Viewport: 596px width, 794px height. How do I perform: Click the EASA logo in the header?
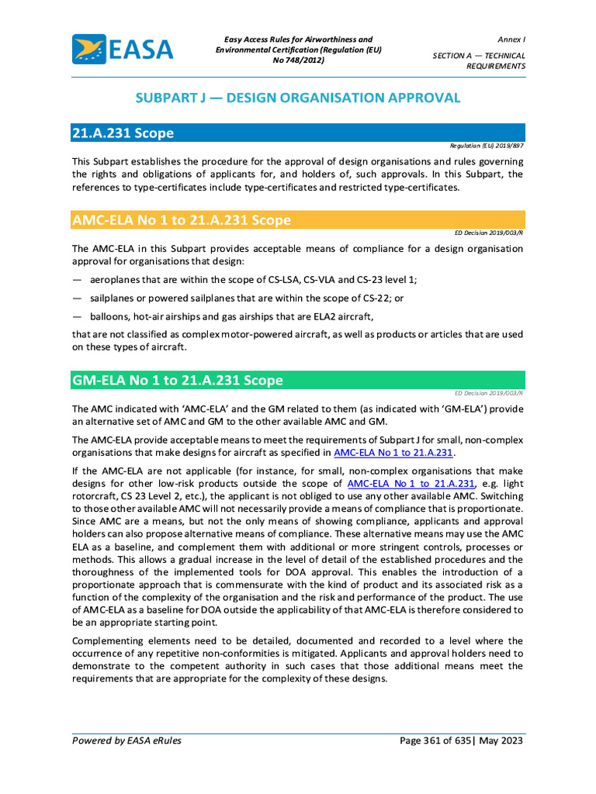click(x=123, y=49)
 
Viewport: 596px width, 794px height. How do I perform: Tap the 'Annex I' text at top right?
click(x=511, y=40)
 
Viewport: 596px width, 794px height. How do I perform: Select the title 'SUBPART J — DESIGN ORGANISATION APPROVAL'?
click(x=298, y=98)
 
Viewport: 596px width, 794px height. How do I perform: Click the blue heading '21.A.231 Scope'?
click(x=123, y=133)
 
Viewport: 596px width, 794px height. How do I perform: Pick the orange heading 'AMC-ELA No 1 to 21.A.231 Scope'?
click(x=182, y=220)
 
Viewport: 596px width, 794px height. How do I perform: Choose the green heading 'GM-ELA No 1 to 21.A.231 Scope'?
click(x=178, y=381)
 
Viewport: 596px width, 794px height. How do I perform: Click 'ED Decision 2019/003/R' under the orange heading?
click(x=489, y=232)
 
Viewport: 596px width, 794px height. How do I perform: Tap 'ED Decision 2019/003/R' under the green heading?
click(x=489, y=392)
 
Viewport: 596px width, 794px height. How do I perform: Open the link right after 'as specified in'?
click(x=393, y=453)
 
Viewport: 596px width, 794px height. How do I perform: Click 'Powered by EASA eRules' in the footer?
click(x=126, y=740)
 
